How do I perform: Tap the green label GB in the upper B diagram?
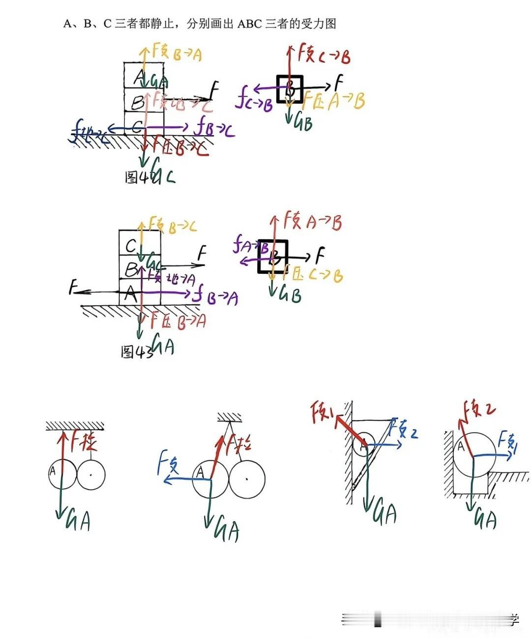pyautogui.click(x=302, y=122)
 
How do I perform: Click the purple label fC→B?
pyautogui.click(x=254, y=102)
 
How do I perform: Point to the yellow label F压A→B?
pyautogui.click(x=334, y=101)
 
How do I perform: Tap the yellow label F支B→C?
pyautogui.click(x=172, y=226)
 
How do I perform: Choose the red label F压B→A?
pyautogui.click(x=178, y=321)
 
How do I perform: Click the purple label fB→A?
pyautogui.click(x=215, y=296)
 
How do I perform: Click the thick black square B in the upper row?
pyautogui.click(x=290, y=89)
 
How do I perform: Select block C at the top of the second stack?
pyautogui.click(x=131, y=245)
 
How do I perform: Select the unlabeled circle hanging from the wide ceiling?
pyautogui.click(x=91, y=475)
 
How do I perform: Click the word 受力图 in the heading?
pyautogui.click(x=319, y=23)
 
